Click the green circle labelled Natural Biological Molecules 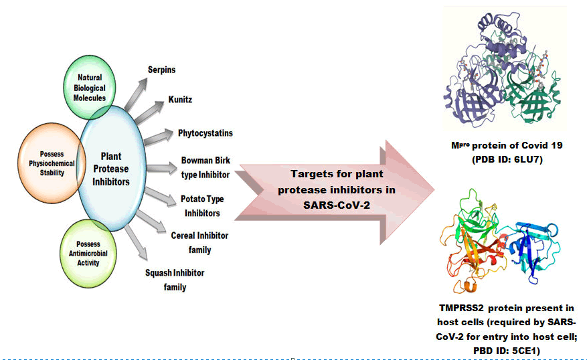[x=89, y=86]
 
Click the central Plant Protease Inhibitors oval [x=110, y=169]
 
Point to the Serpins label [x=161, y=70]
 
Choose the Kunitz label [x=181, y=100]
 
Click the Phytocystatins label [x=205, y=133]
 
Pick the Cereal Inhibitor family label [x=199, y=243]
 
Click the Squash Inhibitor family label [x=175, y=280]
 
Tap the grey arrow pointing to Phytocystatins [x=159, y=138]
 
